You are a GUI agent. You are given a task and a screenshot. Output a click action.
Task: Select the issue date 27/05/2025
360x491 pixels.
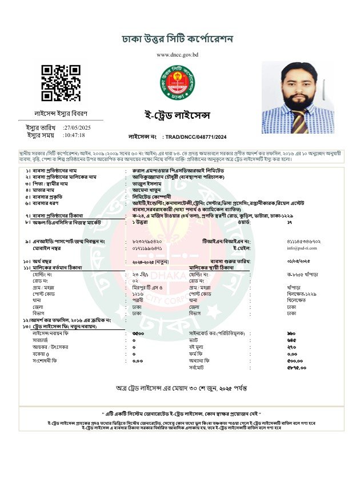click(x=77, y=127)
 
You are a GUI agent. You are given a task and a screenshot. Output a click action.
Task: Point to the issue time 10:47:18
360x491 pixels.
click(x=74, y=135)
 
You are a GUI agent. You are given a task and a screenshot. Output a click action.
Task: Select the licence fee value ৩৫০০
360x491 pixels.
click(x=137, y=332)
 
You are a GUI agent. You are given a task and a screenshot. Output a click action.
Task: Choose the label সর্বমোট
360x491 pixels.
click(x=198, y=367)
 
